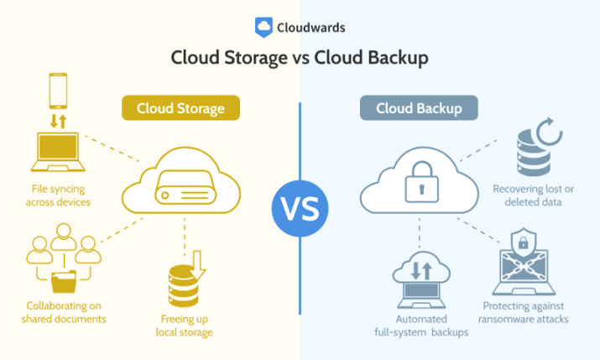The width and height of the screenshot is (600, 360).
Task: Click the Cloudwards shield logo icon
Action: tap(263, 27)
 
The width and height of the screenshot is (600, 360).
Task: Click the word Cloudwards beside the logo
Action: tap(311, 28)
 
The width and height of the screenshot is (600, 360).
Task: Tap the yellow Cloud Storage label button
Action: tap(180, 108)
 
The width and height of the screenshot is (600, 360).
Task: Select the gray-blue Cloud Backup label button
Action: tap(419, 108)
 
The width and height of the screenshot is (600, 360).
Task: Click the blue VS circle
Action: tap(300, 208)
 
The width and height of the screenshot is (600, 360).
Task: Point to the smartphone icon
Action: tap(58, 91)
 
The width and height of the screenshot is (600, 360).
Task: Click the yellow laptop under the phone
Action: tap(58, 152)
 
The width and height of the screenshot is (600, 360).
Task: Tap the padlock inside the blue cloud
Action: tap(422, 181)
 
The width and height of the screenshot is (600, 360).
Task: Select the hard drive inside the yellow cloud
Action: tap(185, 187)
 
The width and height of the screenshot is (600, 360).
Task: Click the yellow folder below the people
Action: tap(64, 281)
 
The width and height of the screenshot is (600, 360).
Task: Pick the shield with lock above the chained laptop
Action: tap(523, 243)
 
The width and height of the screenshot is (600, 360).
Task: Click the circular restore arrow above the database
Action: tap(549, 131)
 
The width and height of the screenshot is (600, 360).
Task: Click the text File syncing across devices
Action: tap(58, 196)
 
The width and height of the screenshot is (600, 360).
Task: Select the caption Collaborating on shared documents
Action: tap(64, 312)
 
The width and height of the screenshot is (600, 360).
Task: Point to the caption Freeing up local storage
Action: tap(185, 326)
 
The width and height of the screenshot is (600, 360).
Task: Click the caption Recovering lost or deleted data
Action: tap(534, 196)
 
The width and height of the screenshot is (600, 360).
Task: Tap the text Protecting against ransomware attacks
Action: tap(523, 312)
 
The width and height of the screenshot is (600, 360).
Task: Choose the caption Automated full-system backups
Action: tap(421, 326)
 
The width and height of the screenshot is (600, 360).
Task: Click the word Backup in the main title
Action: tap(398, 58)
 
